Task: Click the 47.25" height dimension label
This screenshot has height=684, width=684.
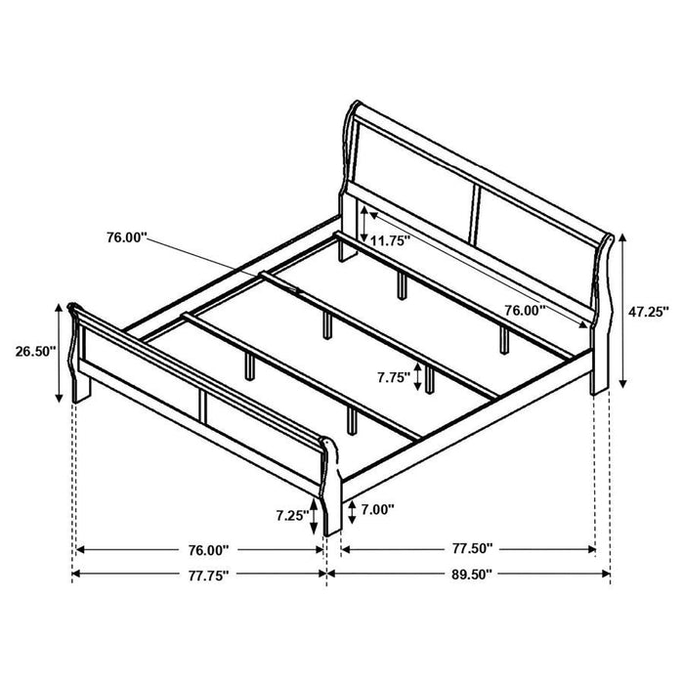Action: (647, 312)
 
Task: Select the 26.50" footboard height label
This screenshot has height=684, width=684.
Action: (31, 351)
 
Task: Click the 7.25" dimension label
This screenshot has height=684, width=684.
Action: (291, 513)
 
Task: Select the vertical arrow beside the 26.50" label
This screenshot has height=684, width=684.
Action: (61, 352)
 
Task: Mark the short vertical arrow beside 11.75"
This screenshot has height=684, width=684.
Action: (363, 224)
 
